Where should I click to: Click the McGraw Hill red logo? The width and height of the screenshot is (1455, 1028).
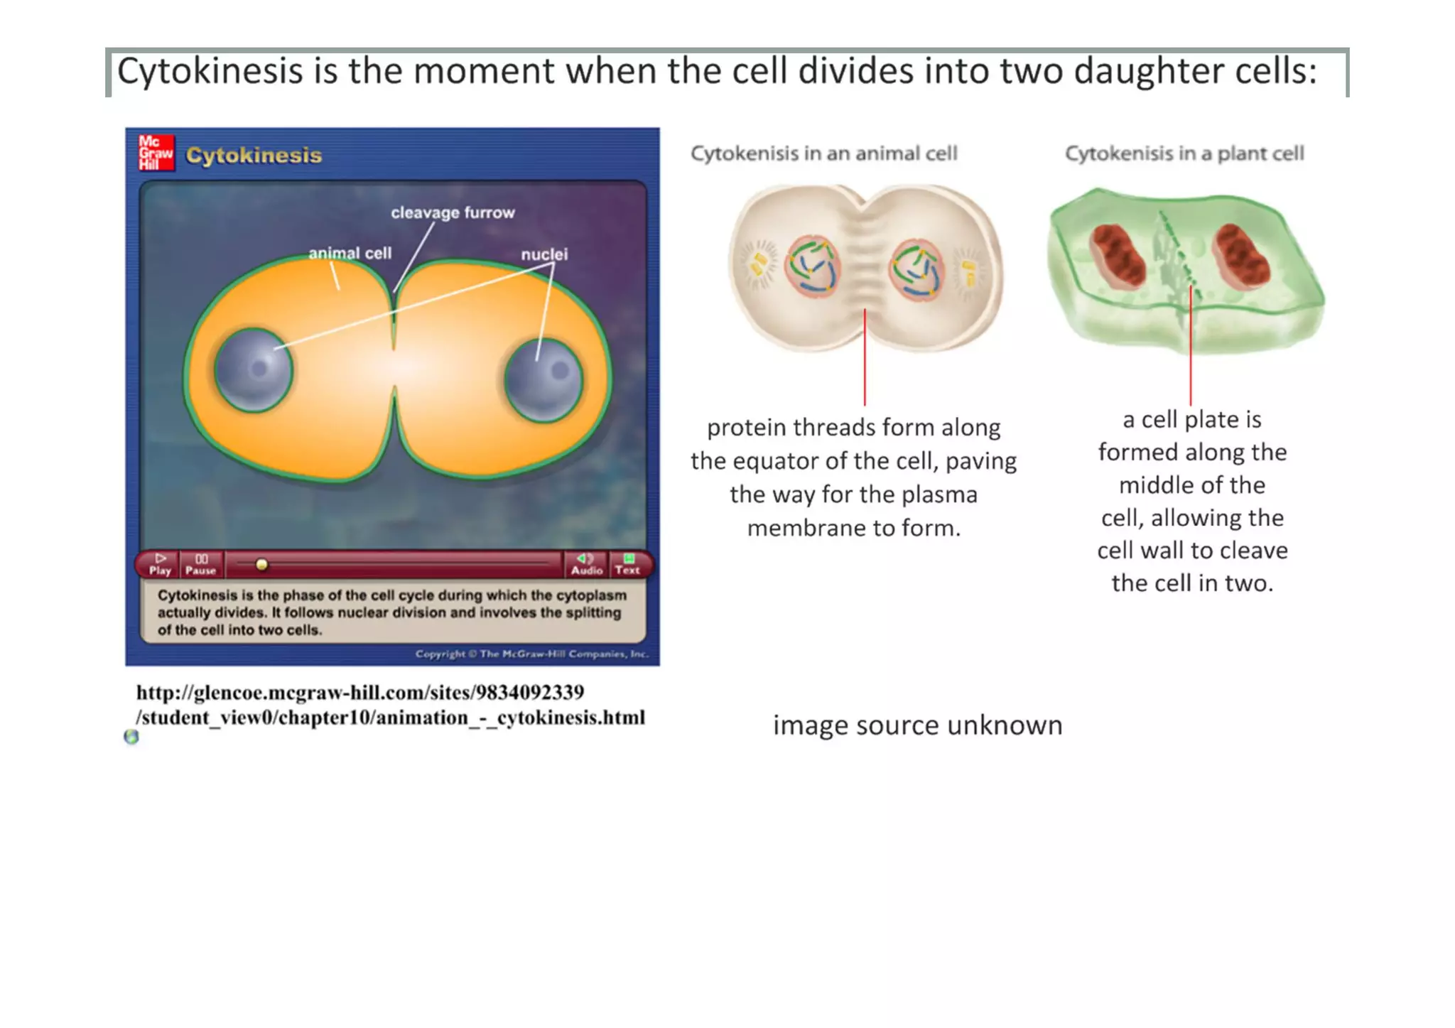coord(156,153)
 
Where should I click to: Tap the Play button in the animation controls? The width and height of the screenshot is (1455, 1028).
coord(161,564)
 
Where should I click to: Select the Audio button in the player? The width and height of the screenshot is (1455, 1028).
coord(586,564)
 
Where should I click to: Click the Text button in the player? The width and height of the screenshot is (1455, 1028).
coord(627,564)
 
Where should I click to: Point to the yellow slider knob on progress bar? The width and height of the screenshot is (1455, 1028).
coord(261,565)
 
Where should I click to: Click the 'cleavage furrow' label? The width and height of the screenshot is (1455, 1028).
coord(453,212)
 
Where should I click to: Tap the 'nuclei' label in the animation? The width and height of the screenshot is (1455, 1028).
coord(544,254)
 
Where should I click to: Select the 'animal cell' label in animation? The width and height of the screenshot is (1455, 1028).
coord(350,253)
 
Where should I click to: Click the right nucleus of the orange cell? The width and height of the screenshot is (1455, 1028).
coord(543,380)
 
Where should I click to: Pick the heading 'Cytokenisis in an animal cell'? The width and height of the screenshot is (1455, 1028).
coord(824,153)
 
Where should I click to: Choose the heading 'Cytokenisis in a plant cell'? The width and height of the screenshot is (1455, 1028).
coord(1184,153)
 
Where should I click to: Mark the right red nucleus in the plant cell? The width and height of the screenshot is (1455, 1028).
coord(1241,255)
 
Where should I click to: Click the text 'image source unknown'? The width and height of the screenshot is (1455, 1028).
coord(917,725)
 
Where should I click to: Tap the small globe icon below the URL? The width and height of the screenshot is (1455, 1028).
coord(131,737)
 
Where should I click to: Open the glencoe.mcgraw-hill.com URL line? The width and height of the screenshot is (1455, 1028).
coord(360,692)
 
